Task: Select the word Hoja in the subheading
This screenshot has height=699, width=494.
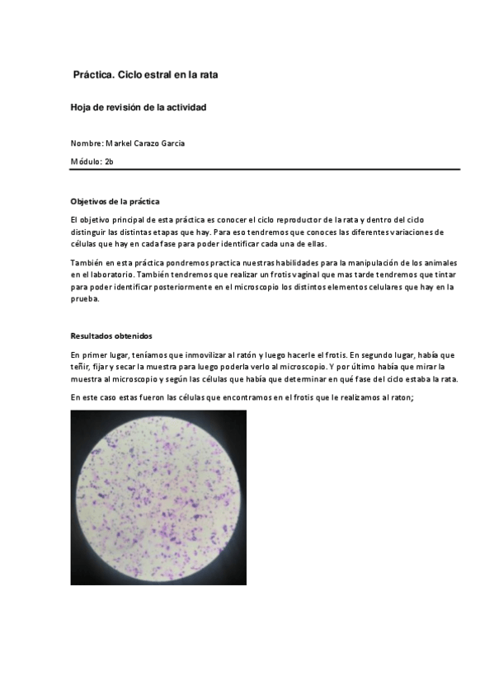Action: coord(80,108)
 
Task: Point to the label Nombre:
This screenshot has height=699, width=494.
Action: coord(87,143)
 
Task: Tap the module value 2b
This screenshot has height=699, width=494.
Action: coord(109,162)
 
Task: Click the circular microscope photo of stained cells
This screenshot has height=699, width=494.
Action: coord(158,497)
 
